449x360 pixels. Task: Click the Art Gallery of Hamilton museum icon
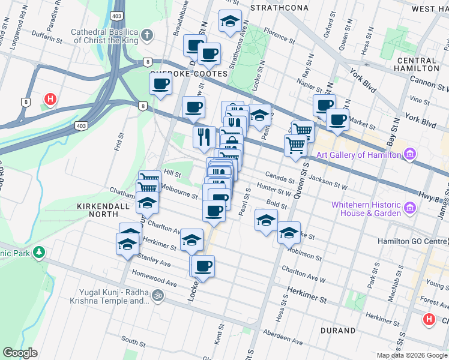pyautogui.click(x=410, y=155)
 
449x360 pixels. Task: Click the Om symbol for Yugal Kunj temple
pyautogui.click(x=158, y=296)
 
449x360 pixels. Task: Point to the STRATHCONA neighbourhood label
pyautogui.click(x=279, y=8)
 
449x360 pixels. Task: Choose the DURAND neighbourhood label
pyautogui.click(x=338, y=331)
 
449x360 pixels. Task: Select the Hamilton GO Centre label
pyautogui.click(x=414, y=241)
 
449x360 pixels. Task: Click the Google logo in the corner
pyautogui.click(x=20, y=352)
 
